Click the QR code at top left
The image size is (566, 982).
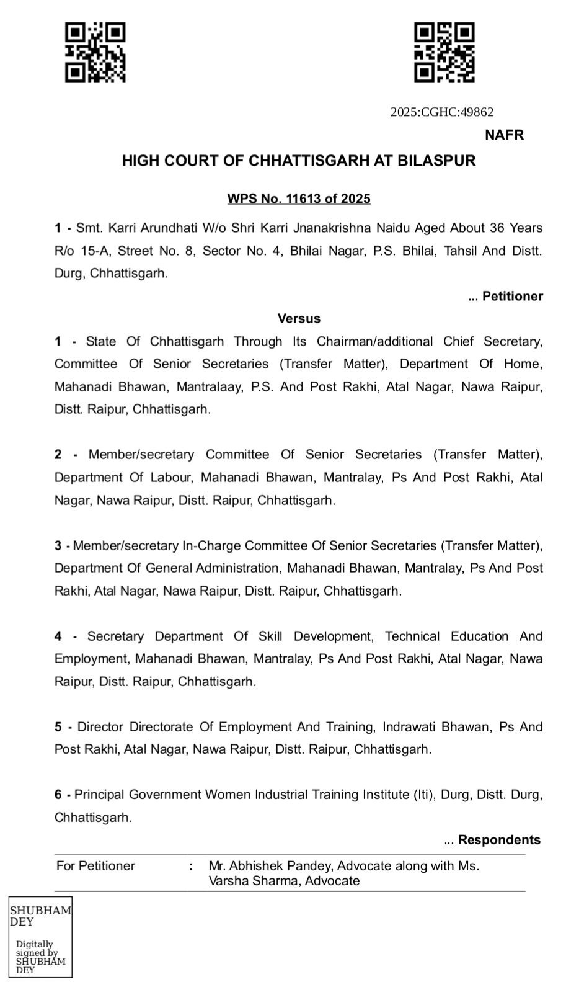pyautogui.click(x=95, y=52)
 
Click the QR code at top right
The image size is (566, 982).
pyautogui.click(x=444, y=52)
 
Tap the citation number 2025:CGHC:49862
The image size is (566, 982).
pyautogui.click(x=442, y=112)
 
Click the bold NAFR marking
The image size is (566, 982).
pyautogui.click(x=504, y=135)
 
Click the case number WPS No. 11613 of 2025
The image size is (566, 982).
pyautogui.click(x=299, y=199)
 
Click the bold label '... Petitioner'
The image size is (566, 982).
pyautogui.click(x=505, y=297)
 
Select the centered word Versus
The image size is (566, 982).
pyautogui.click(x=299, y=319)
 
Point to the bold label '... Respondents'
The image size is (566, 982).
pyautogui.click(x=492, y=840)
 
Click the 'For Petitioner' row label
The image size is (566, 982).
pyautogui.click(x=95, y=866)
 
